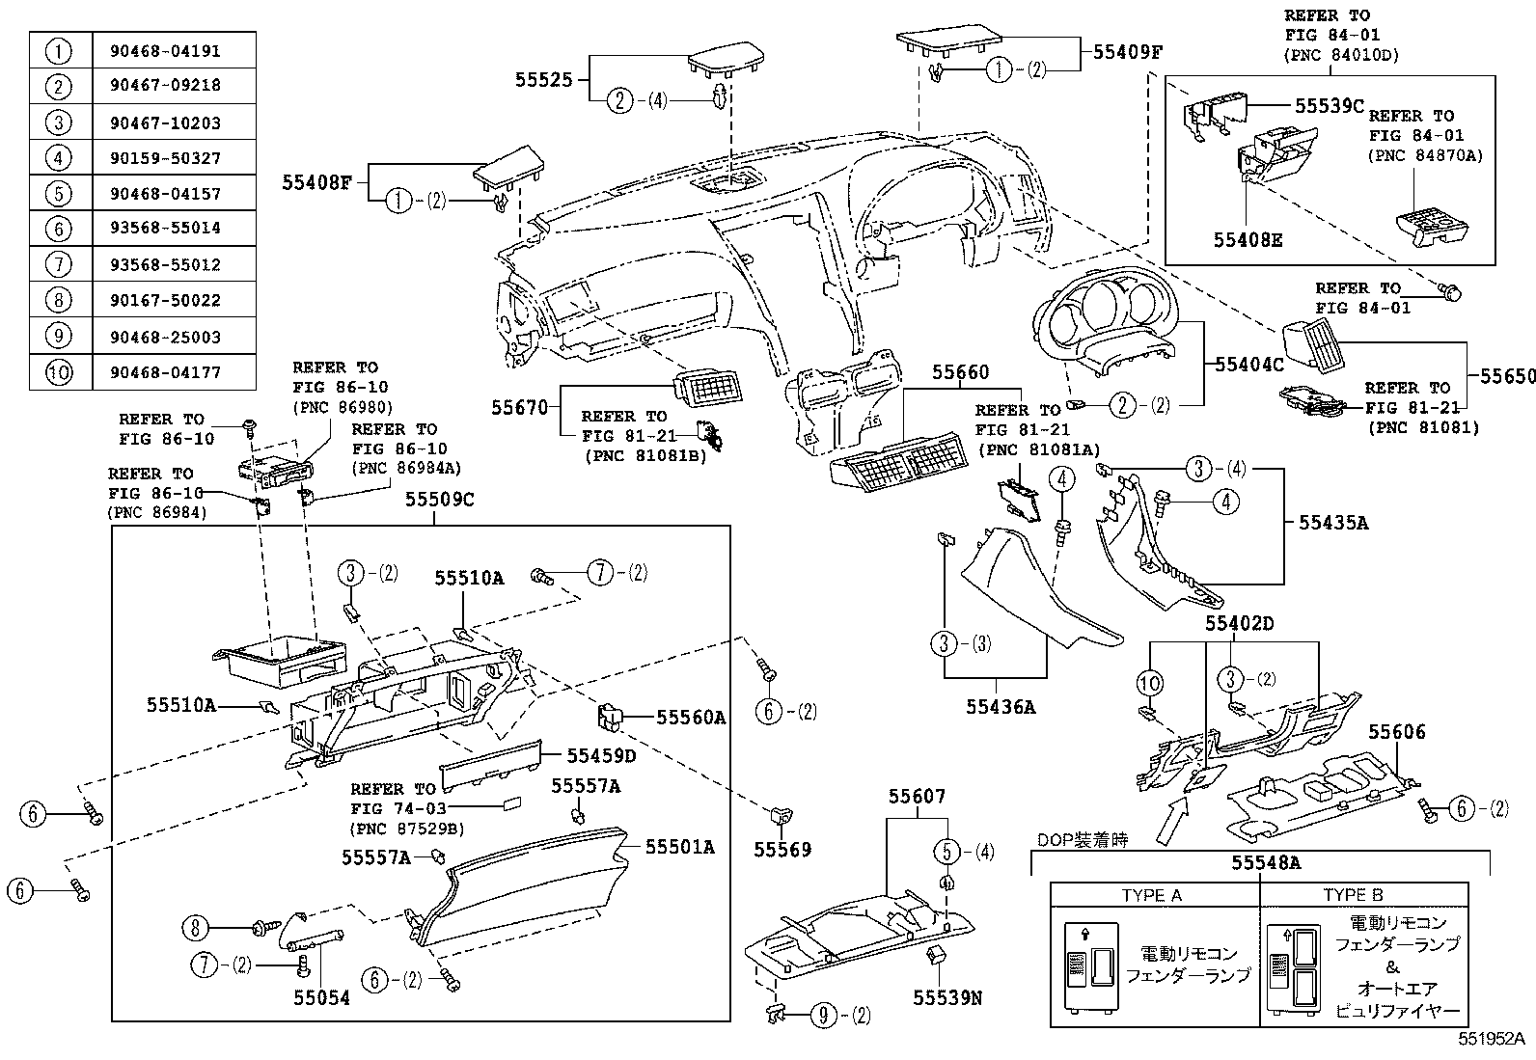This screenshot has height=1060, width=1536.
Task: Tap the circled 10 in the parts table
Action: pyautogui.click(x=60, y=372)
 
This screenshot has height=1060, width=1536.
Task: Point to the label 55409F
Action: pyautogui.click(x=1127, y=52)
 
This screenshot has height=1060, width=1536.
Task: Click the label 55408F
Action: pyautogui.click(x=316, y=180)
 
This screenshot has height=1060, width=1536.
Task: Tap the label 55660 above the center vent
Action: pyautogui.click(x=960, y=372)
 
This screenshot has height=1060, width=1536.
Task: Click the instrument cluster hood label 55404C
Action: pyautogui.click(x=1249, y=365)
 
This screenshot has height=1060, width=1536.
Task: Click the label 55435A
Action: pyautogui.click(x=1333, y=523)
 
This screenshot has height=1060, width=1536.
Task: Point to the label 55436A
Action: pyautogui.click(x=1001, y=707)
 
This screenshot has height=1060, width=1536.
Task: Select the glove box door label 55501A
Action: pyautogui.click(x=679, y=847)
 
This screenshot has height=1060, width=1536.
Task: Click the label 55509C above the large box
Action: pyautogui.click(x=439, y=500)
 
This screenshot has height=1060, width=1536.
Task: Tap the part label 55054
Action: pyautogui.click(x=321, y=998)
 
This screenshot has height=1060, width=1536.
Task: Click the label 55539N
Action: pyautogui.click(x=947, y=998)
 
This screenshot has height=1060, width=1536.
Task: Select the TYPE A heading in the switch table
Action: pyautogui.click(x=1151, y=895)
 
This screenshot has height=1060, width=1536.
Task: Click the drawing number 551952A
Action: pyautogui.click(x=1491, y=1039)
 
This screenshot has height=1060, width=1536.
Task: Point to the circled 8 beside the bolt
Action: pyautogui.click(x=195, y=928)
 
